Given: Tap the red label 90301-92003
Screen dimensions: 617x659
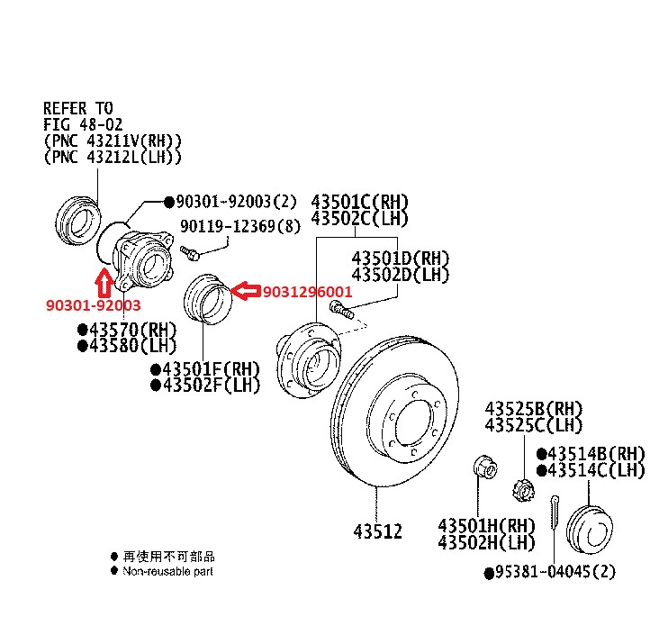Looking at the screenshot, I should [94, 305].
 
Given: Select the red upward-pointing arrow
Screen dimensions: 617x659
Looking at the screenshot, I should [104, 280].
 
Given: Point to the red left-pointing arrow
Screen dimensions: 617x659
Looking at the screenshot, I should [243, 290].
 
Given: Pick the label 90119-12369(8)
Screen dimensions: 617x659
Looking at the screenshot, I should [240, 227].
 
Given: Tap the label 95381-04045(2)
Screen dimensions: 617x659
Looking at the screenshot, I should [556, 572].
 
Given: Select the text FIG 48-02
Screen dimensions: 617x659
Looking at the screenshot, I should [83, 124].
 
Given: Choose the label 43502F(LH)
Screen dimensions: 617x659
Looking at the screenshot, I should [211, 386].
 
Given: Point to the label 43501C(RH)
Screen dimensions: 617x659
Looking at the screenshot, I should [359, 201].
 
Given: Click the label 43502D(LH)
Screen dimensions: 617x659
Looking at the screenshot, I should [400, 274].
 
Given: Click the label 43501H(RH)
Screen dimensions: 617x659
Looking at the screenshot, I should [487, 524].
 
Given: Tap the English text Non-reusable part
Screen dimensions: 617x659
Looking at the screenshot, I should [168, 571].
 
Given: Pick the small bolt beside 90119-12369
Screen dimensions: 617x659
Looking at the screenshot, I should [189, 250].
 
